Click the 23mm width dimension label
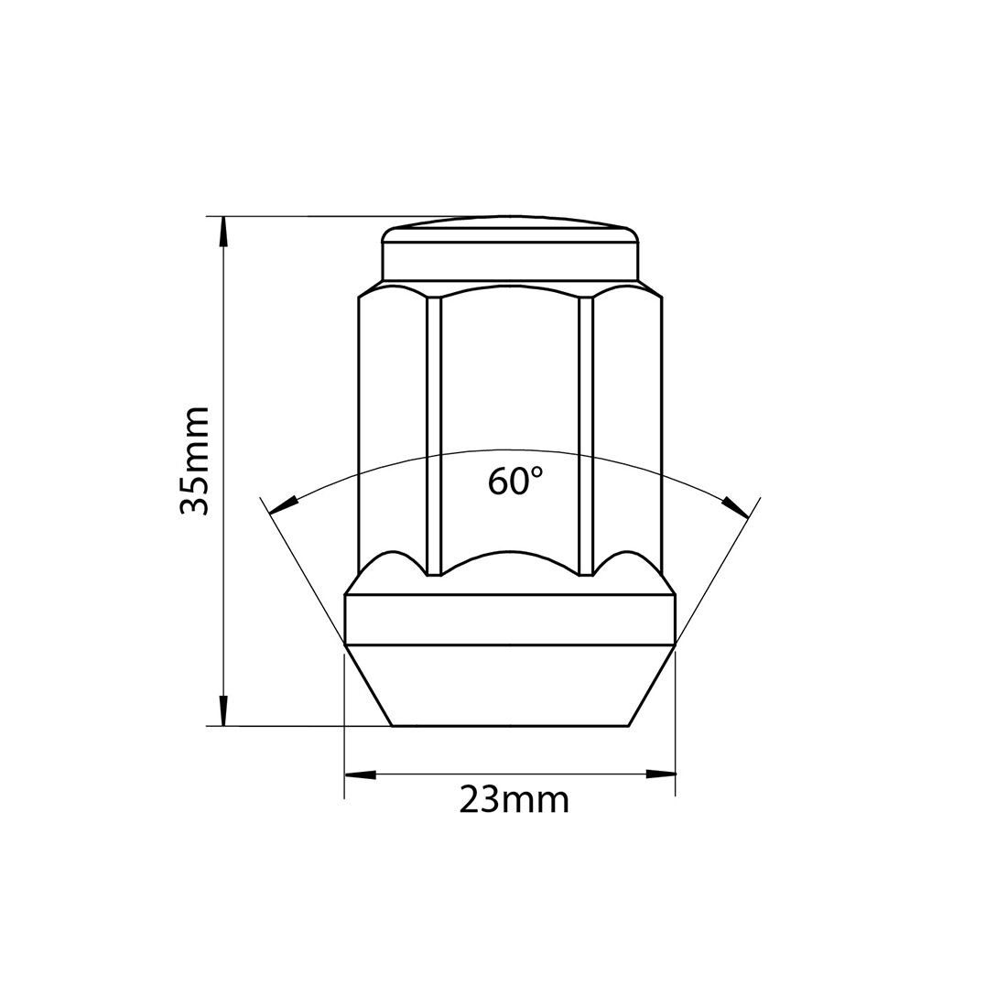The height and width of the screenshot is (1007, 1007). coord(514,800)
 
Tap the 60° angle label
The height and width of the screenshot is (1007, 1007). coord(515,481)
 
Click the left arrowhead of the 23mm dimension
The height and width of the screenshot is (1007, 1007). coord(360,774)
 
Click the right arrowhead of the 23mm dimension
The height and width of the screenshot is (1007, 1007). coord(659,774)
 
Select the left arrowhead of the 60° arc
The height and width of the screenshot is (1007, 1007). coord(285,504)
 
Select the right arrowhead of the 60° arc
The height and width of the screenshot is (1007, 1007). coord(734,504)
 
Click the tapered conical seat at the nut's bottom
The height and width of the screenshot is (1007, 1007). coord(509,687)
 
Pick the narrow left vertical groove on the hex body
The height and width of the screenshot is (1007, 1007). coord(434,435)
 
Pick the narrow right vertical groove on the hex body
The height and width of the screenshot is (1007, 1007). coord(586,435)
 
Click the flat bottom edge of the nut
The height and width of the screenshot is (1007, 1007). coord(509,727)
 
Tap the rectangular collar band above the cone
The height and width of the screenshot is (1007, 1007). coord(509,619)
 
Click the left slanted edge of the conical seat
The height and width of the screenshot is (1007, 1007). coord(369,687)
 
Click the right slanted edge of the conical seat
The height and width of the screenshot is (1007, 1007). coord(651,687)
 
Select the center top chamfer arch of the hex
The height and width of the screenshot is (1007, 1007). coord(509,286)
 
